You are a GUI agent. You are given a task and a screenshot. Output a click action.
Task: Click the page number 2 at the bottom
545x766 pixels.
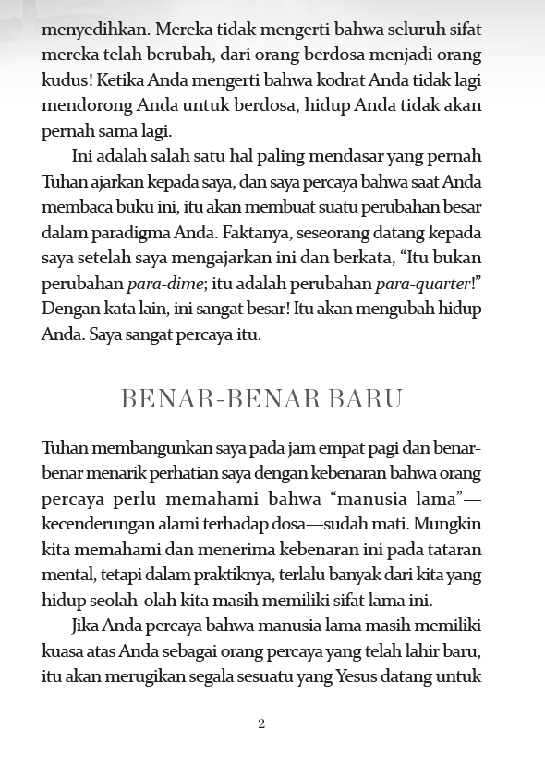click(x=261, y=723)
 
